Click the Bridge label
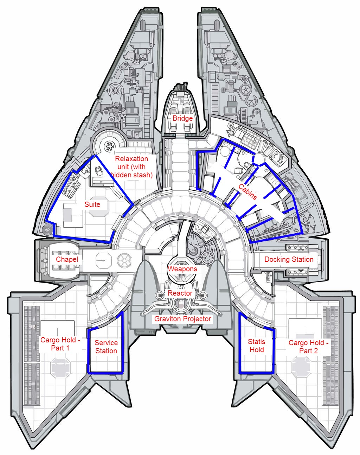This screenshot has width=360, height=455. pos(182,118)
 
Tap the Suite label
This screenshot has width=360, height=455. pos(92,204)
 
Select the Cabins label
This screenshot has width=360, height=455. pos(247,191)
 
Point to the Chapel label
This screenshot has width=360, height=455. pos(67,259)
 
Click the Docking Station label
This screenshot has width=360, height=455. pos(289,259)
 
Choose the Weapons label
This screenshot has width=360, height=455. pos(182,269)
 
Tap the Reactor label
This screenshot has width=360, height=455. pos(180,293)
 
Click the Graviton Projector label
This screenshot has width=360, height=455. pos(182,318)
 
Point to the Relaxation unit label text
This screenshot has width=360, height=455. pos(131,166)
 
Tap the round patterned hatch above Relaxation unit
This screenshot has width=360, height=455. pos(109,146)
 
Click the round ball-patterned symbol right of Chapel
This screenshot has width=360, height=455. pos(124,260)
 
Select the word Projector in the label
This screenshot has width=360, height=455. pos(197,319)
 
